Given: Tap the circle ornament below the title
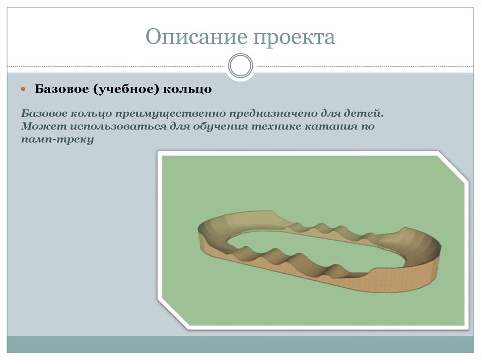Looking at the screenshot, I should (x=240, y=65).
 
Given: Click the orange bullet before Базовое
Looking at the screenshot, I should (x=25, y=89).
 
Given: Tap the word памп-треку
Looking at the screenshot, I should (x=58, y=140).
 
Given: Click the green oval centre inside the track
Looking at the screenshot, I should (x=310, y=249).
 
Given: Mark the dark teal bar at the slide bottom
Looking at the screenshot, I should (x=240, y=345).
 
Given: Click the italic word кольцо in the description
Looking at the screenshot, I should (x=88, y=115).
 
